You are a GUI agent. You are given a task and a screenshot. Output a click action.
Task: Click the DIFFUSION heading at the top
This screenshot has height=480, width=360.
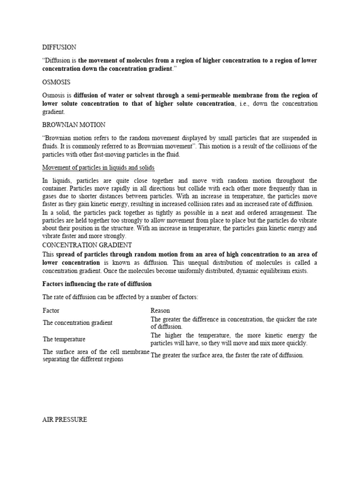coord(59,47)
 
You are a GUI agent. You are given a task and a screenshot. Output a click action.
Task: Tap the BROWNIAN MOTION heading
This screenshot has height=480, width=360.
coord(74,125)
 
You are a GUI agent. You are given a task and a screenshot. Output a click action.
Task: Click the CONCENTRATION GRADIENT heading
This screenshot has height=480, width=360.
coord(87,245)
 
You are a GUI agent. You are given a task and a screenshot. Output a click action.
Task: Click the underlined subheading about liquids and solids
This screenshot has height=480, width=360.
coord(98,167)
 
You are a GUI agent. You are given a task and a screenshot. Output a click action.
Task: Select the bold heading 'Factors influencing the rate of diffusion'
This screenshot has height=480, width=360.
coord(97,284)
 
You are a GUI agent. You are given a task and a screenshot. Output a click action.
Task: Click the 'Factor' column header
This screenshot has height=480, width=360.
coord(51,310)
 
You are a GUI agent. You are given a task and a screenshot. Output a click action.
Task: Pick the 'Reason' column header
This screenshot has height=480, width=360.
coord(160,310)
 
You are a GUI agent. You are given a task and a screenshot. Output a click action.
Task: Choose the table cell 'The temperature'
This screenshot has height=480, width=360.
coord(64,339)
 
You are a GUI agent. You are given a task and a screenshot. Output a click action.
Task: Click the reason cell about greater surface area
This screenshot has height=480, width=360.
coord(227,355)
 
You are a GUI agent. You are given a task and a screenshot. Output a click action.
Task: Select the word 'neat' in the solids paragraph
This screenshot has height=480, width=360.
coord(228,212)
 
